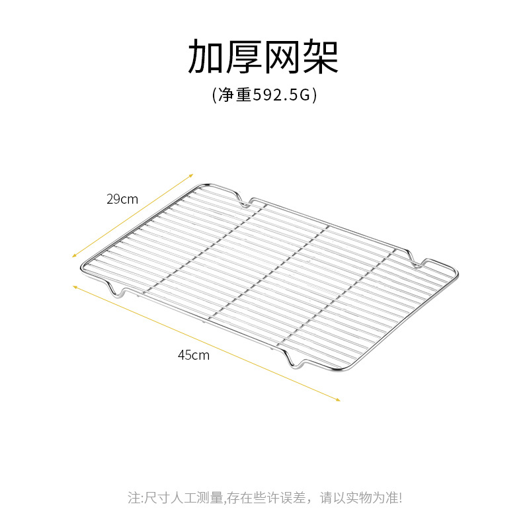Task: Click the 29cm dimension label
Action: (122, 198)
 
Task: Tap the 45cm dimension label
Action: (193, 354)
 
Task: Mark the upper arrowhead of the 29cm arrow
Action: (191, 175)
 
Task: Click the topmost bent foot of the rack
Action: (242, 200)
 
